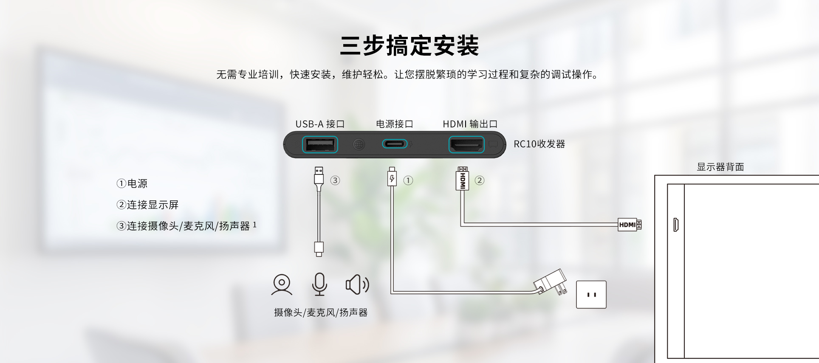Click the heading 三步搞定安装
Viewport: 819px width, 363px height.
coord(409,46)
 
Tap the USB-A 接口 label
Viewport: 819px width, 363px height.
coord(319,124)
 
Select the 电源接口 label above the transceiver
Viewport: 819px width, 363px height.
coord(394,124)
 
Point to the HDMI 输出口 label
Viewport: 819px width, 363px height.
coord(470,124)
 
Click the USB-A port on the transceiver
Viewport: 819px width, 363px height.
coord(320,144)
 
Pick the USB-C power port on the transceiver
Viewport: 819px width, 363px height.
coord(395,144)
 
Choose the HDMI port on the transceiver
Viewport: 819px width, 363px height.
coord(466,145)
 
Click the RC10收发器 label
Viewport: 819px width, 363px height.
coord(539,144)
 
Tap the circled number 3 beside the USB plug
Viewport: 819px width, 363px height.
coord(335,180)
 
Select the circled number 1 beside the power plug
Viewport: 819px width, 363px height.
coord(408,180)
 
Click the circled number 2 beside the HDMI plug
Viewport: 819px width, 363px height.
coord(480,180)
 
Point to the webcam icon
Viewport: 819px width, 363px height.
coord(282,284)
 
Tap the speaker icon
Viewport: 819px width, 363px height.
coord(357,284)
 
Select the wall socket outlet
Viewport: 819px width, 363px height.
coord(591,294)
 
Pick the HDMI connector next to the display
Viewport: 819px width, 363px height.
coord(630,225)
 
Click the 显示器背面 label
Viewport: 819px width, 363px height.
coord(720,167)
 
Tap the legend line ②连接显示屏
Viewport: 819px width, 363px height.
coord(147,205)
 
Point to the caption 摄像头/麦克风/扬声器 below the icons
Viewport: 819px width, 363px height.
coord(320,312)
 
